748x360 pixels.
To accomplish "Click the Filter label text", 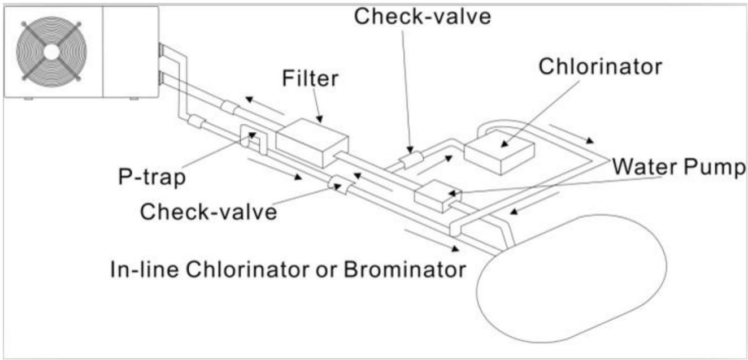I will [x=310, y=79].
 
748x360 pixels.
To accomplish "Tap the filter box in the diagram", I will [x=311, y=142].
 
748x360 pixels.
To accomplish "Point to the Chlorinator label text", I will [x=600, y=66].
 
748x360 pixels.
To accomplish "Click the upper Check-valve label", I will [x=423, y=16].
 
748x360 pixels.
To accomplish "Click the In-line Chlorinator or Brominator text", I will [x=288, y=268].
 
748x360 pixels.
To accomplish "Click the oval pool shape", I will [x=571, y=277].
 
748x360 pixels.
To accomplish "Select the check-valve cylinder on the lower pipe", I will [x=341, y=184].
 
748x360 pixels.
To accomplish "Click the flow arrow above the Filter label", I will [x=264, y=104].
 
